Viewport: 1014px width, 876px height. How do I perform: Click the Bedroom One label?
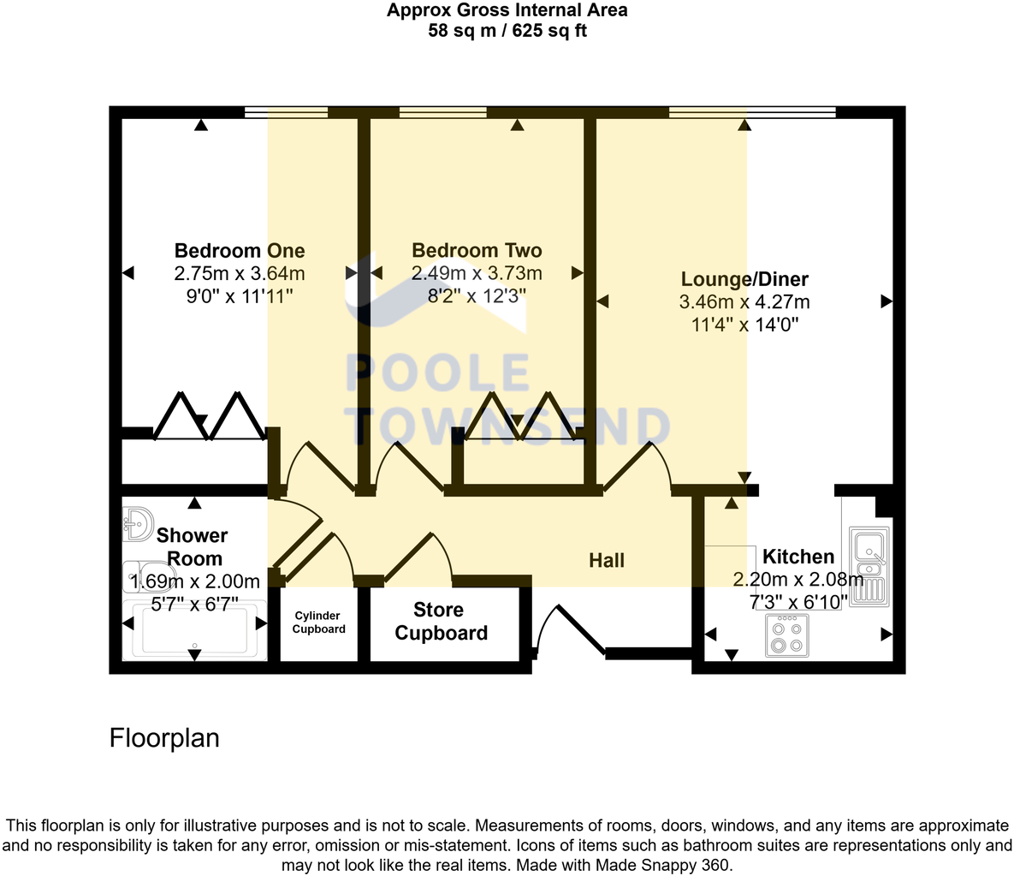pyautogui.click(x=240, y=251)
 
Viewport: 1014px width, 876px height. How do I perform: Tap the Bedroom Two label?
pyautogui.click(x=477, y=251)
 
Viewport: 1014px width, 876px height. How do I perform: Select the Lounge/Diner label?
pyautogui.click(x=744, y=279)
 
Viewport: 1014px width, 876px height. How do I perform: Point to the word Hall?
pyautogui.click(x=607, y=561)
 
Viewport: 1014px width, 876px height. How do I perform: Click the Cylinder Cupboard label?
pyautogui.click(x=319, y=623)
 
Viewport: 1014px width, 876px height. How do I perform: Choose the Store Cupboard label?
pyautogui.click(x=441, y=622)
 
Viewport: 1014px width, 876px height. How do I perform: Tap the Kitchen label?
pyautogui.click(x=798, y=557)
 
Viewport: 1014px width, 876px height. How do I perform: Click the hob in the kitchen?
pyautogui.click(x=786, y=635)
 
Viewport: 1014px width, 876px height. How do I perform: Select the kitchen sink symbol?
pyautogui.click(x=870, y=565)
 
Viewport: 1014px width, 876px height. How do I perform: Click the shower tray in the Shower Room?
pyautogui.click(x=195, y=630)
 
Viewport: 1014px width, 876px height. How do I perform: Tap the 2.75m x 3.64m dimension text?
pyautogui.click(x=240, y=274)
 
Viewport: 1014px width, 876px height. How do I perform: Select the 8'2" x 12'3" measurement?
pyautogui.click(x=477, y=296)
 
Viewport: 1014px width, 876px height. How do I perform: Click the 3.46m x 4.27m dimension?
pyautogui.click(x=744, y=301)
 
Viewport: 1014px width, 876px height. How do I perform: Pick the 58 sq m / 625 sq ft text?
pyautogui.click(x=507, y=32)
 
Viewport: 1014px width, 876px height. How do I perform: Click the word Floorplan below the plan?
pyautogui.click(x=164, y=738)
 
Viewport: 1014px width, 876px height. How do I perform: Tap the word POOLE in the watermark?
pyautogui.click(x=438, y=373)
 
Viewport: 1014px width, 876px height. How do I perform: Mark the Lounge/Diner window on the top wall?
pyautogui.click(x=752, y=111)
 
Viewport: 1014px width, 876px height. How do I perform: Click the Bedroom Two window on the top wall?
pyautogui.click(x=442, y=111)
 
